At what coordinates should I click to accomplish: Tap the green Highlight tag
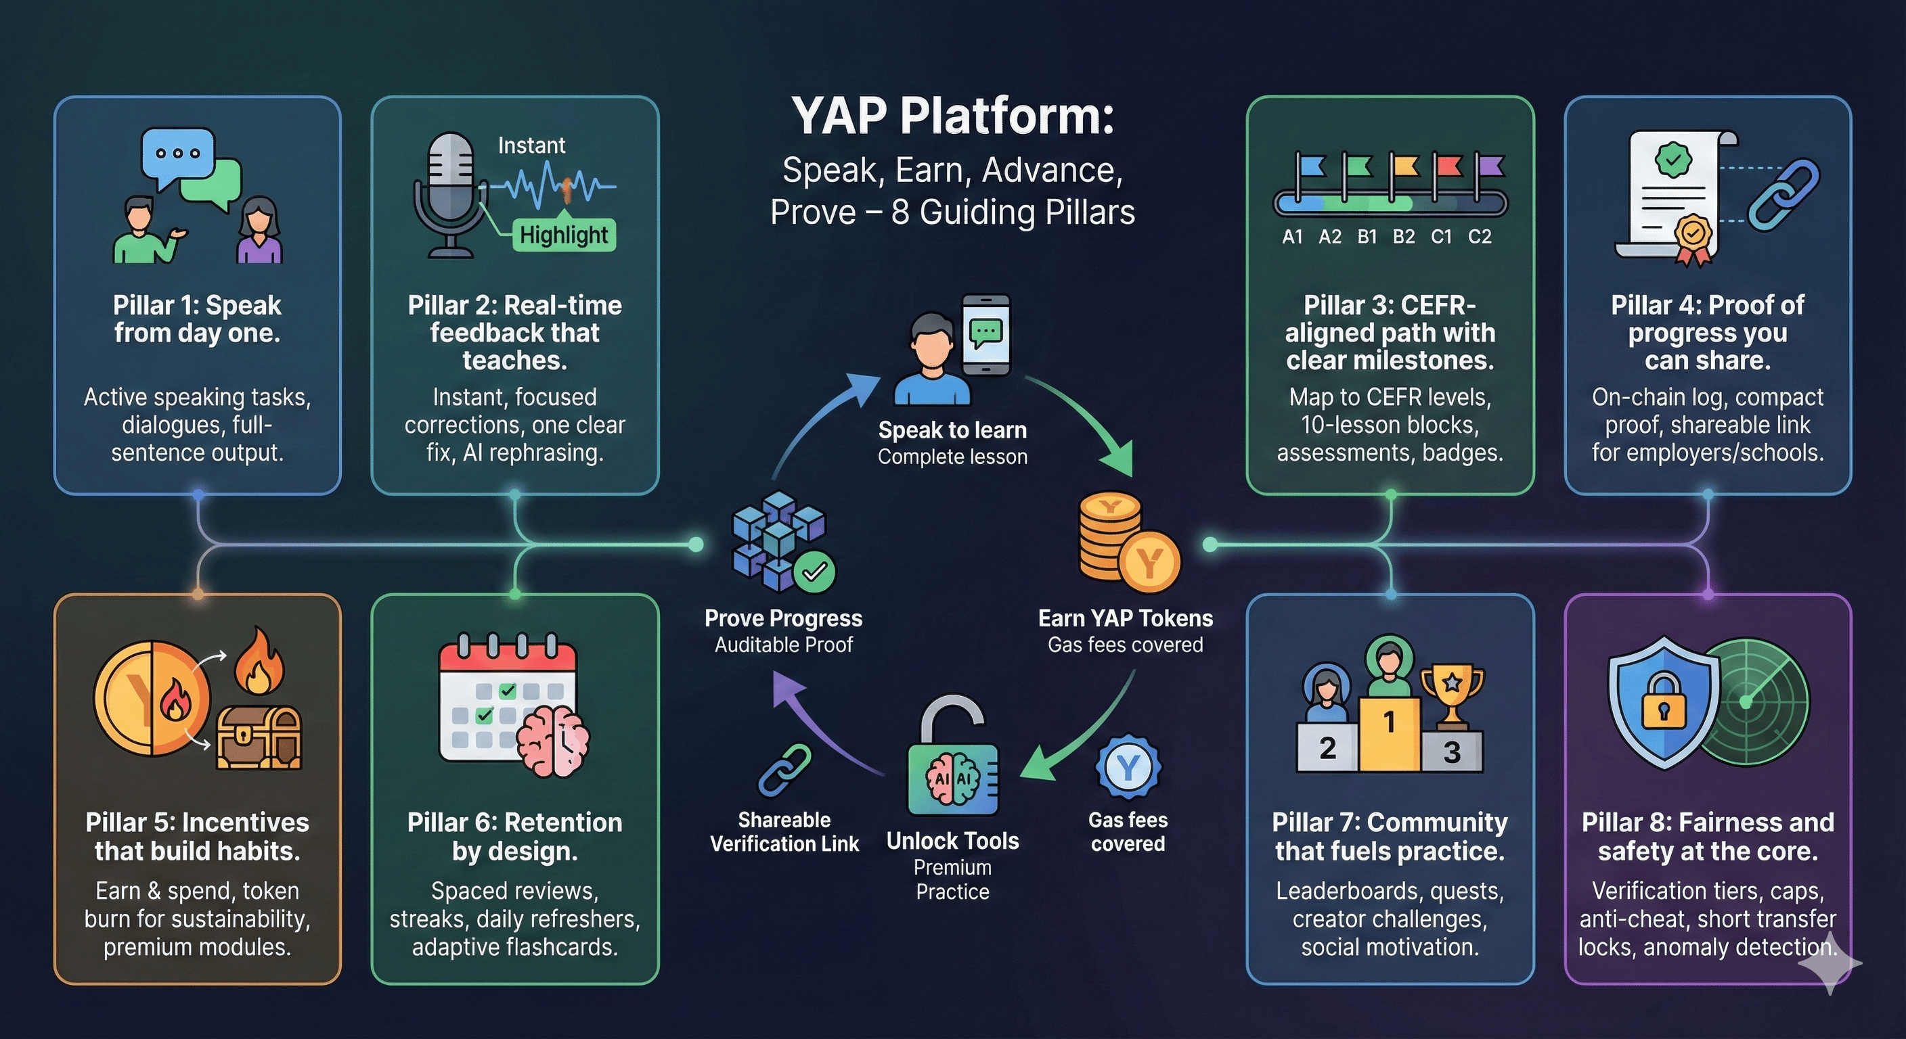tap(564, 235)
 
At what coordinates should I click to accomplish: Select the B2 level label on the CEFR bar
tap(1404, 237)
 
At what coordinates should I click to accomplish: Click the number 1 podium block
tap(1390, 732)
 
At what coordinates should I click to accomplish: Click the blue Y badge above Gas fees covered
tap(1128, 768)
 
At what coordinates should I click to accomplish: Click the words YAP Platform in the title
tap(952, 116)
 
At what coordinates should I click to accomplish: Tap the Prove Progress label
tap(783, 618)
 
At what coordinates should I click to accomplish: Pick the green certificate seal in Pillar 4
tap(1673, 159)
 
